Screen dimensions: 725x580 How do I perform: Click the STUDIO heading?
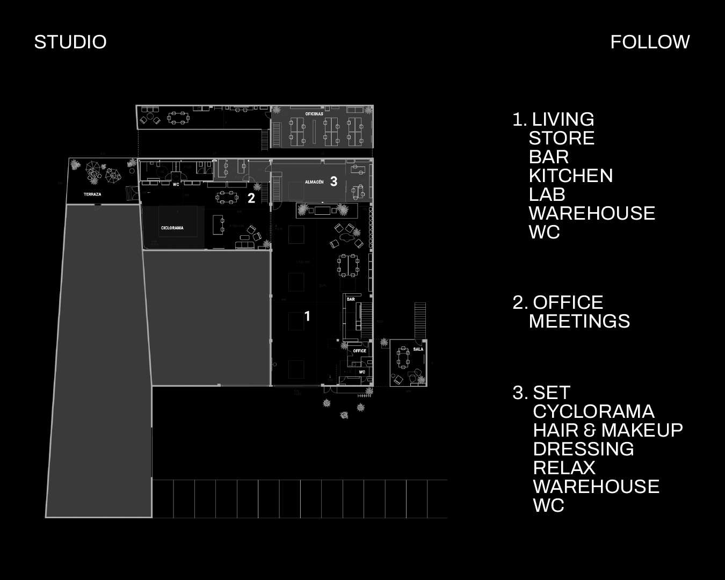70,42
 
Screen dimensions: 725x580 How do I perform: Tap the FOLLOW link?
650,42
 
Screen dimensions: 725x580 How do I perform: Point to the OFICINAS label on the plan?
314,114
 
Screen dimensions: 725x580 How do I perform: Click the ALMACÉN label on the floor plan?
314,182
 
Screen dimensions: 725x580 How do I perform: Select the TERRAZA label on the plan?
92,194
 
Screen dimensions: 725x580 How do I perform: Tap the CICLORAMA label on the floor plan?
172,228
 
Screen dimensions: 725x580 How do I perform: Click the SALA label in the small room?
418,349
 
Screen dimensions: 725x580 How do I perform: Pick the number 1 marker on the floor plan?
307,316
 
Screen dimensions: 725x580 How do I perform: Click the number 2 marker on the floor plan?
251,198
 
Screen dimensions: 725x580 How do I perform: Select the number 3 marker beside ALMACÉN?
334,182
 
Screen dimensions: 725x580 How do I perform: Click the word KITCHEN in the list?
570,176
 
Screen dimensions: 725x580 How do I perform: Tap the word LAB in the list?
547,194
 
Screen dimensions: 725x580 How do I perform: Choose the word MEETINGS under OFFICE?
579,321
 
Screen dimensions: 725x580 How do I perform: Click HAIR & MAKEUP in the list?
608,430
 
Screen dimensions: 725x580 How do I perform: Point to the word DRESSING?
583,449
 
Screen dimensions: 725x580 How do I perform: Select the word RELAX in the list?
564,468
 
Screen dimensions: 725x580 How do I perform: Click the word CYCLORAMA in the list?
593,411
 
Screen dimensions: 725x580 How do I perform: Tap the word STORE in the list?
561,138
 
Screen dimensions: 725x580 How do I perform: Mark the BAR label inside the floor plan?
351,299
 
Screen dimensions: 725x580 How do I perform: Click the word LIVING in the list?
563,119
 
